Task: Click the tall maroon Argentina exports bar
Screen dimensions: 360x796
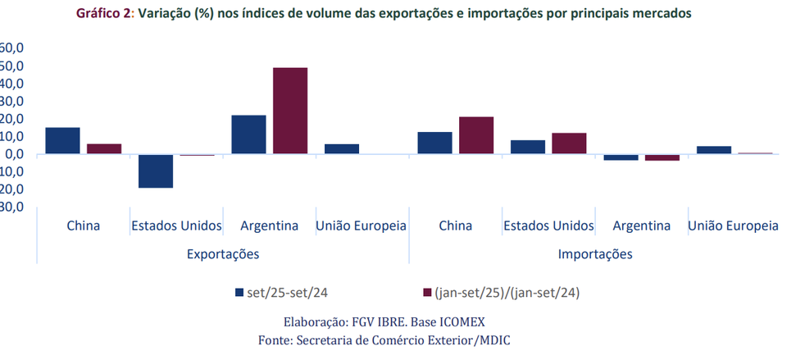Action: [290, 111]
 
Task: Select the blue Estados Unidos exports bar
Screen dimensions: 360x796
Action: [156, 171]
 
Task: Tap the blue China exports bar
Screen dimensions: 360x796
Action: [63, 141]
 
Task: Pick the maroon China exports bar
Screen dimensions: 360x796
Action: [104, 149]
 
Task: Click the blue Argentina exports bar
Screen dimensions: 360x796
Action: [248, 134]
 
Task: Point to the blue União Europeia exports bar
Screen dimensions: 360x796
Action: [342, 149]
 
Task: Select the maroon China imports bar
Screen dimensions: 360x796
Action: [476, 135]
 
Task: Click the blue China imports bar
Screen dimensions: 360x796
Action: [435, 143]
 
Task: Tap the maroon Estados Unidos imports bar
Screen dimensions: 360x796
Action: [569, 144]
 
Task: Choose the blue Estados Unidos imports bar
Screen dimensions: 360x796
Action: [528, 147]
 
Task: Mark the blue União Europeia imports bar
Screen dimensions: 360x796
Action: [714, 150]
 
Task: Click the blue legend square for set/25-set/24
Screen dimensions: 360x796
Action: [239, 292]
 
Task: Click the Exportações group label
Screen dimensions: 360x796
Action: [222, 254]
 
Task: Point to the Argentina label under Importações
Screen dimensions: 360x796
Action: [641, 226]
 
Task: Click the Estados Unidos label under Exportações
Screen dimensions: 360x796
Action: [175, 226]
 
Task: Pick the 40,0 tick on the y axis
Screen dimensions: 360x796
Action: [15, 84]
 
